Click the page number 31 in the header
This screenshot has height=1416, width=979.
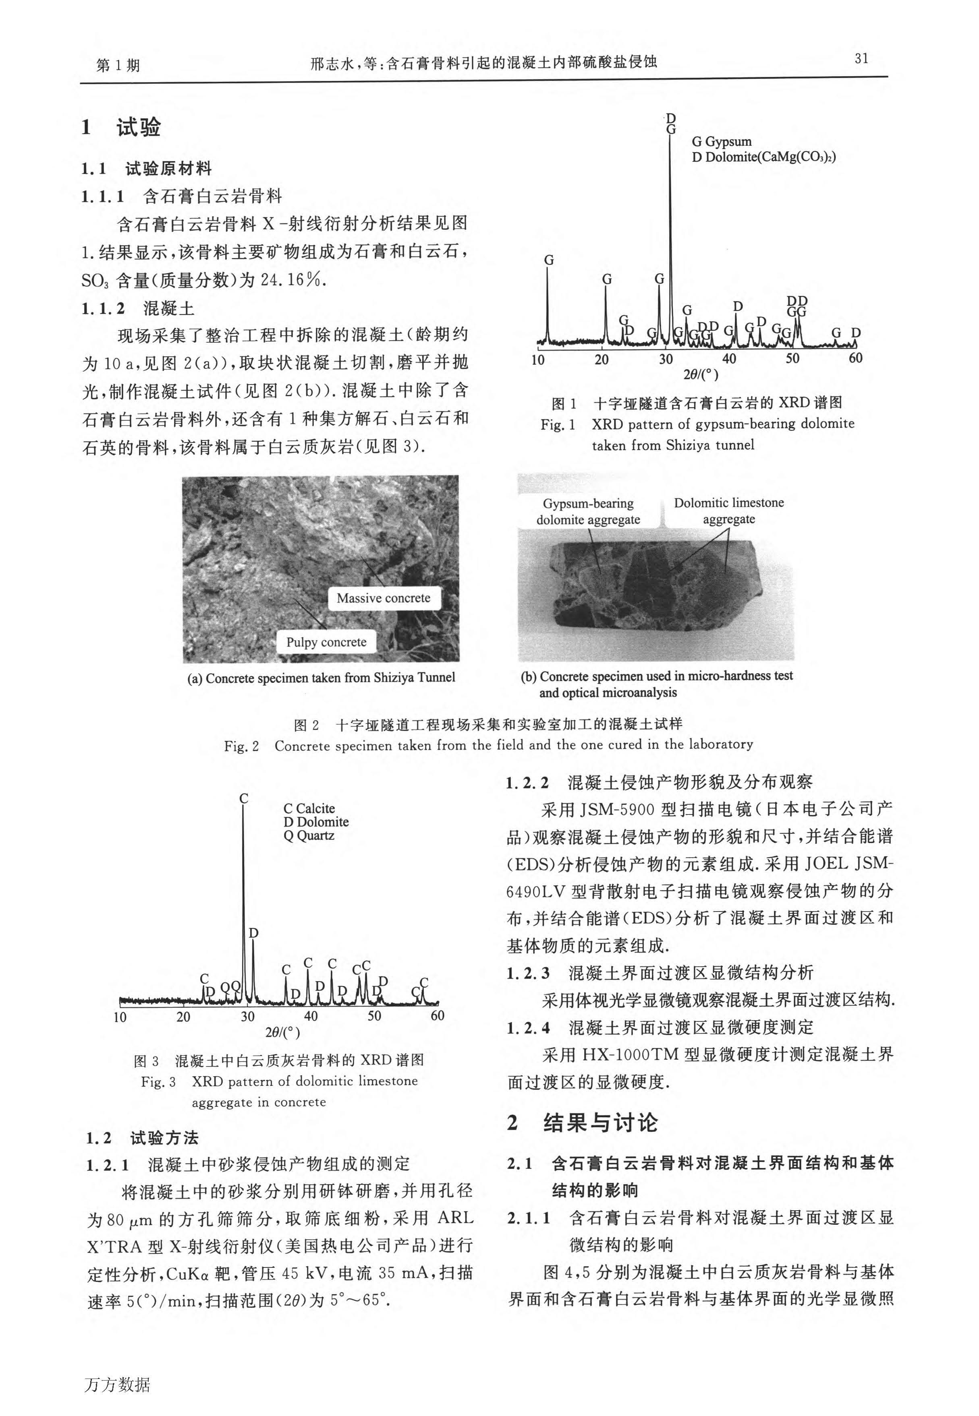[861, 59]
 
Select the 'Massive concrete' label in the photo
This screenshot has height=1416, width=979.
[384, 598]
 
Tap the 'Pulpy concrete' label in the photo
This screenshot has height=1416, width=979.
[326, 643]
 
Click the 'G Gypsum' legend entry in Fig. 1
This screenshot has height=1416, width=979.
[722, 142]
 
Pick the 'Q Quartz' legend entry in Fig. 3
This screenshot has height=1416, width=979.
[309, 836]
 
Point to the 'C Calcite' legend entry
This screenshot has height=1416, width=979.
[309, 808]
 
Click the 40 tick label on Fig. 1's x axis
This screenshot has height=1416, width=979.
[729, 359]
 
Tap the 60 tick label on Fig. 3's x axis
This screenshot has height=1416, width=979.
[438, 1016]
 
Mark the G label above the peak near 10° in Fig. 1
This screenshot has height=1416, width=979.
[549, 260]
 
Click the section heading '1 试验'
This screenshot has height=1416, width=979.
[121, 128]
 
